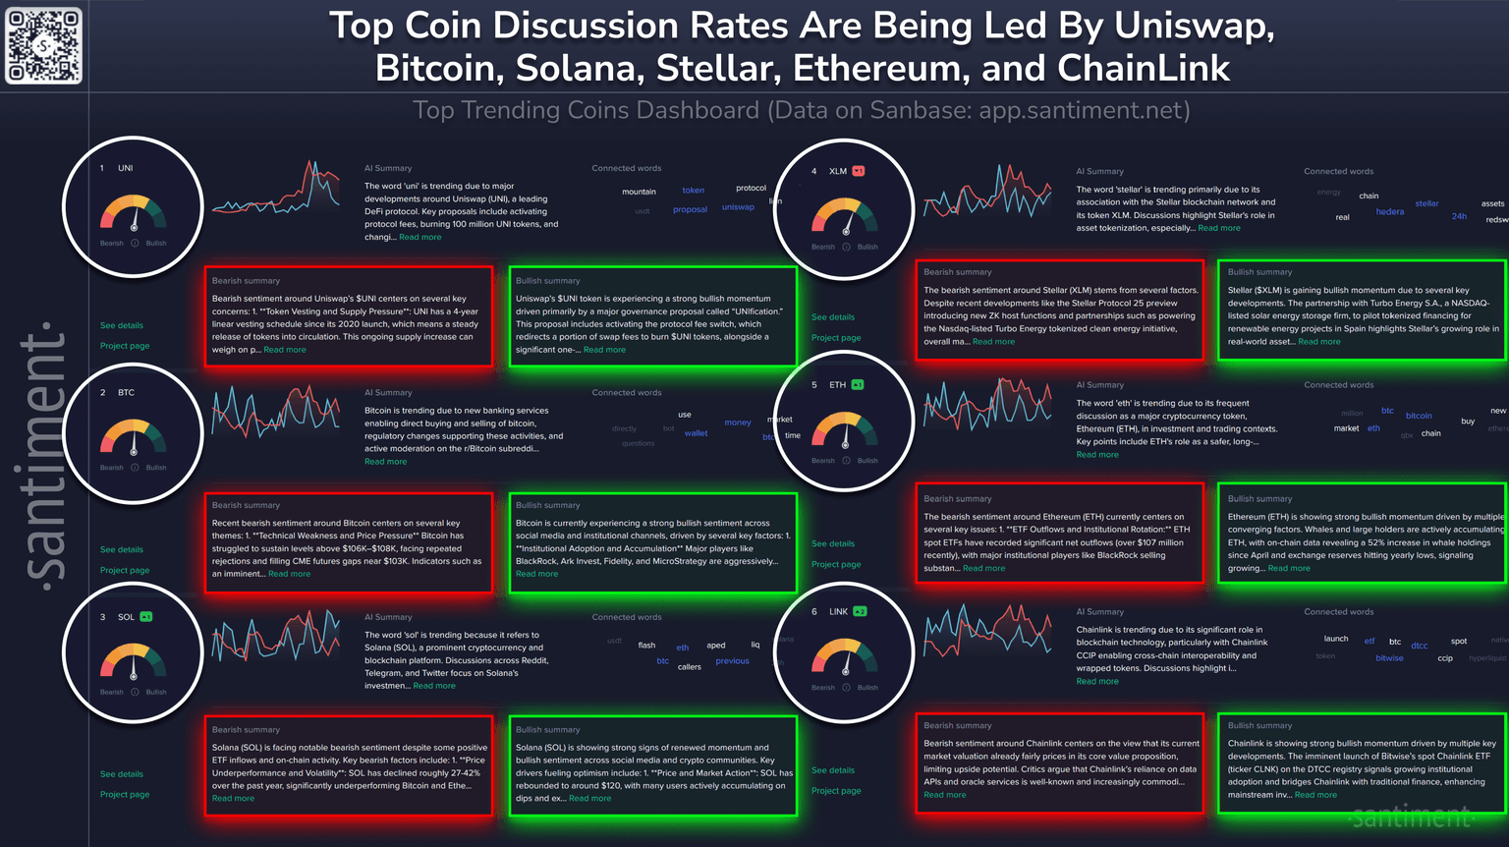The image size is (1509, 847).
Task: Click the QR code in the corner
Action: click(44, 45)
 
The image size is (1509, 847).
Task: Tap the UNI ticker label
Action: click(125, 168)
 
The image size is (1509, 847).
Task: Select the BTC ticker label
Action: click(126, 392)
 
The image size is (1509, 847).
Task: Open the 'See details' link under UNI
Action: click(122, 325)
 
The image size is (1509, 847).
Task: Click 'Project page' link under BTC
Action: click(125, 570)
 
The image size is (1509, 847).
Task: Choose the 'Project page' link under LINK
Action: click(836, 791)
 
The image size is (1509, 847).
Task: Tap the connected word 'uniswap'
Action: click(738, 207)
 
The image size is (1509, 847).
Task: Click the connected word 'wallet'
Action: click(696, 433)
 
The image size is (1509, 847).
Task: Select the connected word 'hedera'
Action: click(1389, 212)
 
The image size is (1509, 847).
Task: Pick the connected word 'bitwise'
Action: click(1389, 658)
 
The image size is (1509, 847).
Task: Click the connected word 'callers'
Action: click(690, 667)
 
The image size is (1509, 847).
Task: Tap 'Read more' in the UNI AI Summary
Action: click(420, 237)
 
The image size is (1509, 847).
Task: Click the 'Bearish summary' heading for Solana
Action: click(246, 730)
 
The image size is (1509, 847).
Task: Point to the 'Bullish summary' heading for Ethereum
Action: click(1259, 499)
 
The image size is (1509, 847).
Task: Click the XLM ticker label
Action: click(837, 171)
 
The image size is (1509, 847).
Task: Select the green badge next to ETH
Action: click(858, 385)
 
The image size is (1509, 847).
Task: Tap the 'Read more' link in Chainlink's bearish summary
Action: click(944, 795)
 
